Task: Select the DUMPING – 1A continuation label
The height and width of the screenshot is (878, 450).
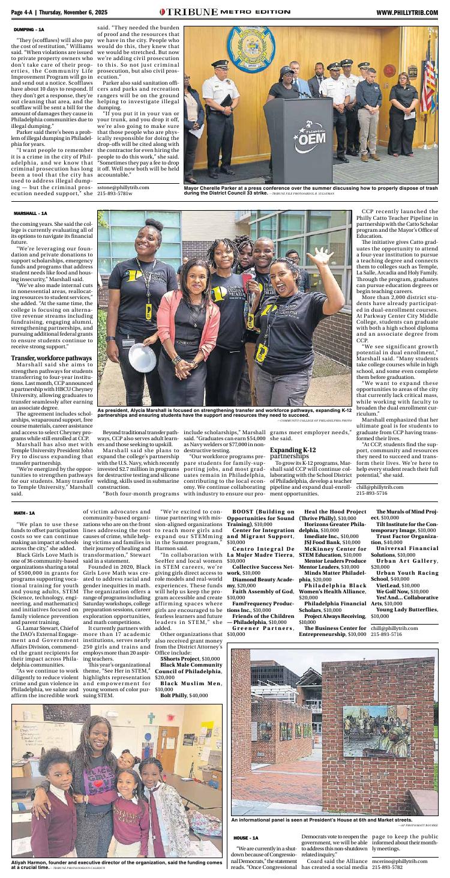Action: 29,29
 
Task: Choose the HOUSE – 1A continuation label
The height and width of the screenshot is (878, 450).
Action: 245,837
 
